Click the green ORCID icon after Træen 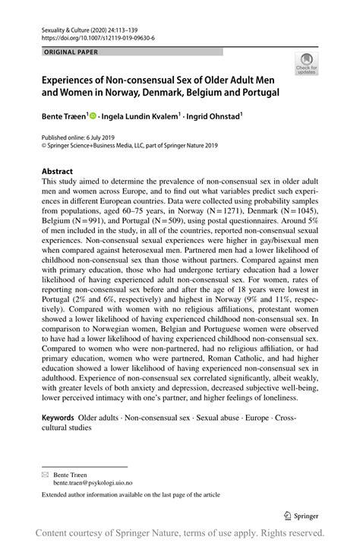coord(93,116)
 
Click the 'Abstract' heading coord(57,172)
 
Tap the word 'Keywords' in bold coord(58,418)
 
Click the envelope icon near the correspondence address coord(45,472)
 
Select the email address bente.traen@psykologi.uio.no coord(97,481)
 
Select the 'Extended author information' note coord(130,494)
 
